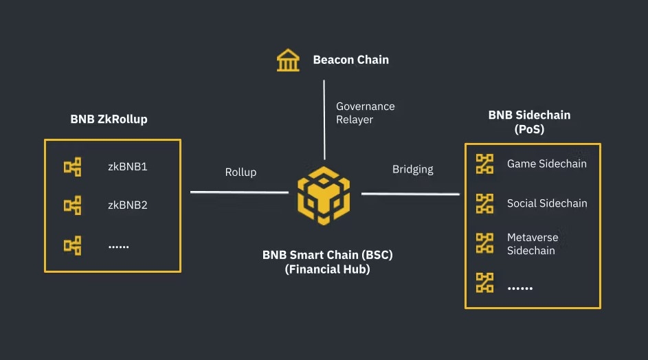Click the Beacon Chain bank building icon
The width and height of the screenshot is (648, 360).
coord(288,60)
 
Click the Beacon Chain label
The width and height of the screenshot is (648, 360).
coord(350,60)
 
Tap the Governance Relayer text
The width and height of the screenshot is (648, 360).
coord(365,113)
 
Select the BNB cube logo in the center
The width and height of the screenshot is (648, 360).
coord(324,193)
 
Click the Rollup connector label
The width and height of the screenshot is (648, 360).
coord(241,172)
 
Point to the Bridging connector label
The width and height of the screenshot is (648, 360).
coord(412,169)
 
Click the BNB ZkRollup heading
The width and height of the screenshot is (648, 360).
coord(109,119)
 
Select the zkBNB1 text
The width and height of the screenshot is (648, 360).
coord(128,166)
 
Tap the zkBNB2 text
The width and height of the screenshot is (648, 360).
coord(128,205)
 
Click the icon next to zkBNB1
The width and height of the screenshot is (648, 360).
coord(73,166)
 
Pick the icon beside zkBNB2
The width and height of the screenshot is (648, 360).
coord(73,205)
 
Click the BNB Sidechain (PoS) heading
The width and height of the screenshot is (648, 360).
coord(529,122)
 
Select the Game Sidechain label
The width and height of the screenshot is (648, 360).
coord(546,164)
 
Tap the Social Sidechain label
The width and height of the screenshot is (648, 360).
coord(547,203)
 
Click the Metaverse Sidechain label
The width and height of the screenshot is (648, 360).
coord(533,244)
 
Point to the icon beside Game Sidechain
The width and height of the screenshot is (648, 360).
coord(485,164)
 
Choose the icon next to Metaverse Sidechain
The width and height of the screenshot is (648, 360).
coord(485,243)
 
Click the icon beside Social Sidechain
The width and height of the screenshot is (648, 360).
coord(485,203)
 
